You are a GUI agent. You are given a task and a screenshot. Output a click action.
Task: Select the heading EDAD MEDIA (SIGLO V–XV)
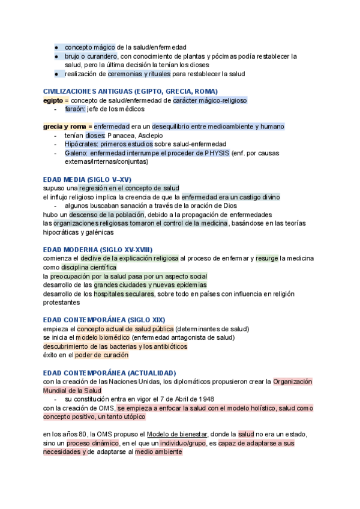(87, 179)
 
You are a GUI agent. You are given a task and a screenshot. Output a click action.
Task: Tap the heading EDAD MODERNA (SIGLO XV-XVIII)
(98, 249)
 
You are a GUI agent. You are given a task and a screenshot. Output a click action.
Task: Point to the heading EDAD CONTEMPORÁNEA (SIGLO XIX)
(104, 320)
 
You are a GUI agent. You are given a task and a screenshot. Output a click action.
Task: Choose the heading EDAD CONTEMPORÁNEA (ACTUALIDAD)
(110, 373)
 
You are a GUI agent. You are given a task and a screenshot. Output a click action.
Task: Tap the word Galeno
(76, 153)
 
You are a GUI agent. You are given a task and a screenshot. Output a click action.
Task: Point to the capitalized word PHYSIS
(217, 153)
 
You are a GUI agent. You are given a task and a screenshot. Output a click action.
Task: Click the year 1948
(205, 399)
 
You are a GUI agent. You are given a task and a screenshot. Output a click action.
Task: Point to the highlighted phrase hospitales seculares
(124, 294)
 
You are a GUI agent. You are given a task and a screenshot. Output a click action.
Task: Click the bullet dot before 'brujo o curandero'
(56, 56)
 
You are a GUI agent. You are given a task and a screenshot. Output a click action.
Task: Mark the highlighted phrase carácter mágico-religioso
(209, 100)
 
